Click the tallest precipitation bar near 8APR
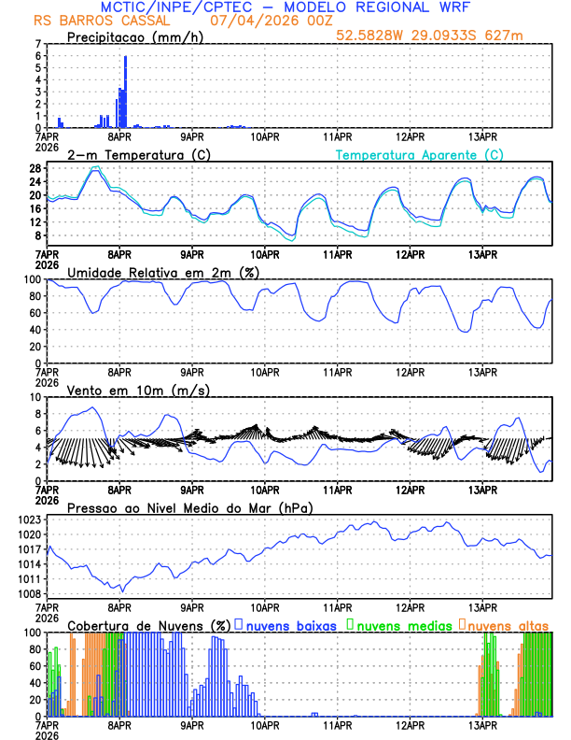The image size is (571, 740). (x=125, y=92)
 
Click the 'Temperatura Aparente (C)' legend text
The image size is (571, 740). (x=420, y=154)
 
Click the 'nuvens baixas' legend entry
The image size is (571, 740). (x=289, y=624)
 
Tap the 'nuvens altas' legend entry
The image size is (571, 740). (x=508, y=624)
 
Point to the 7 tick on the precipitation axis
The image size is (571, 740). (x=37, y=44)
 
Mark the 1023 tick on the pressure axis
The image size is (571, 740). (x=30, y=519)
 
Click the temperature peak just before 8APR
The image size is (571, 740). (x=95, y=168)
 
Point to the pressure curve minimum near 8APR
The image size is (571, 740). (x=121, y=591)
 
